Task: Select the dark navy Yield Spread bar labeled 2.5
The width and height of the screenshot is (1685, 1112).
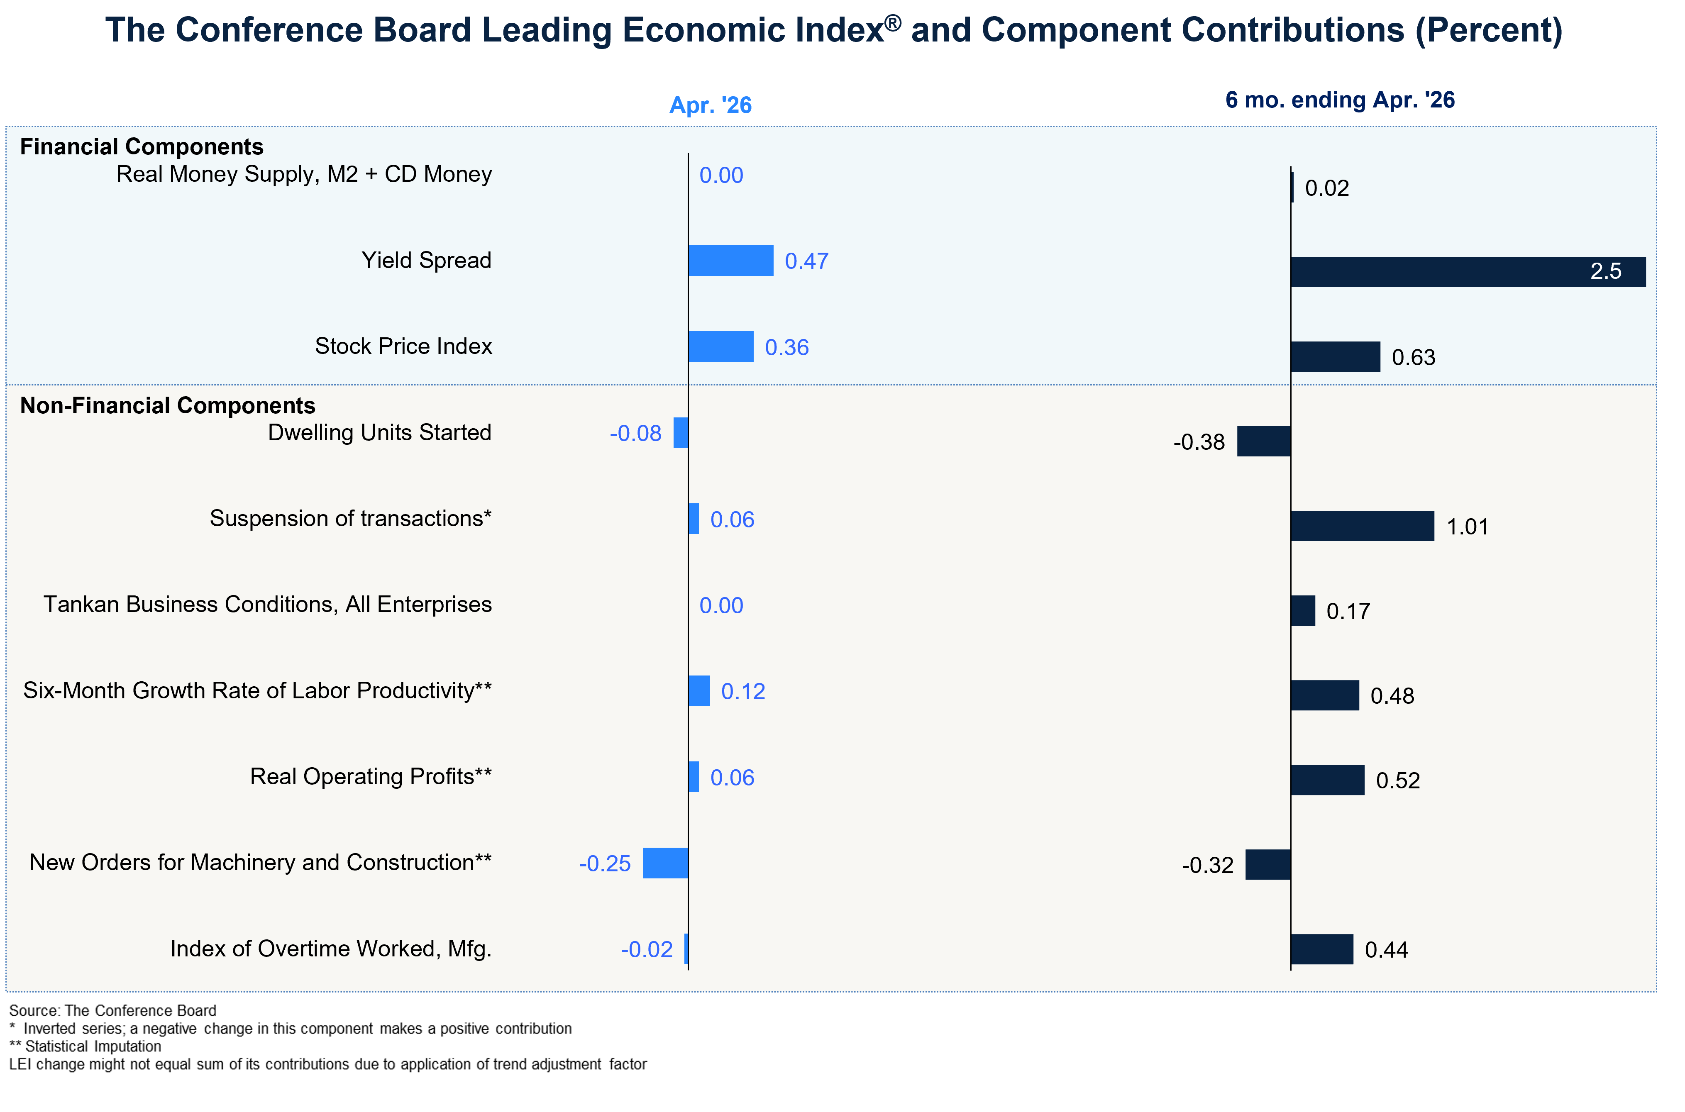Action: click(x=1468, y=272)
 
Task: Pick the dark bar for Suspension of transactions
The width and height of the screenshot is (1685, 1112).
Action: click(x=1363, y=526)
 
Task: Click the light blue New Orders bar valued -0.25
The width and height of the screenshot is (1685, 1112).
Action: click(x=665, y=863)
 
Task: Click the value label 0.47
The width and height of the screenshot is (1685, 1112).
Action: click(x=806, y=261)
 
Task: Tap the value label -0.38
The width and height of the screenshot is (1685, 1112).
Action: click(x=1199, y=442)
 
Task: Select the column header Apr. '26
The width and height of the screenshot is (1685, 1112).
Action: click(x=711, y=105)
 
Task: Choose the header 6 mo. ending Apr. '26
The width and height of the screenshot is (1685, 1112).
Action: click(x=1340, y=100)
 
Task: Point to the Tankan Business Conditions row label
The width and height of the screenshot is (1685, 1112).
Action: click(x=267, y=604)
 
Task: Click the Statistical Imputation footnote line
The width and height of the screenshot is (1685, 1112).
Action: click(x=85, y=1046)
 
